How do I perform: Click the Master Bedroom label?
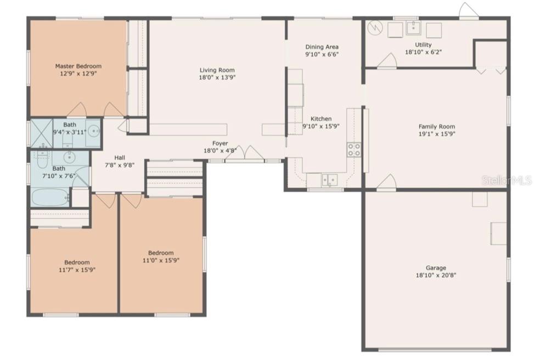point(78,66)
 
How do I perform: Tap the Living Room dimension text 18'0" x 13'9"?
point(217,77)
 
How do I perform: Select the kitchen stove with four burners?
point(354,149)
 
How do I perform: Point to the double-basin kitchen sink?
point(329,179)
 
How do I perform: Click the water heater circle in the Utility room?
point(375,27)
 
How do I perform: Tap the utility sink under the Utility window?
point(414,29)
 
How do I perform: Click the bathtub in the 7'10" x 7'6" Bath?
point(49,197)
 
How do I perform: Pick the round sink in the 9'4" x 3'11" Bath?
point(93,131)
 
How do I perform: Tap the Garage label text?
point(437,268)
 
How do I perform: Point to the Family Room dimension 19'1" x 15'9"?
point(437,133)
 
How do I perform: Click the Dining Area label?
point(322,47)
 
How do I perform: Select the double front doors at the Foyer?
point(245,153)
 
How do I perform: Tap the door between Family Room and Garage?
point(386,183)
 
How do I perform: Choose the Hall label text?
point(120,157)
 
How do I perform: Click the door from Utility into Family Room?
point(387,61)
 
